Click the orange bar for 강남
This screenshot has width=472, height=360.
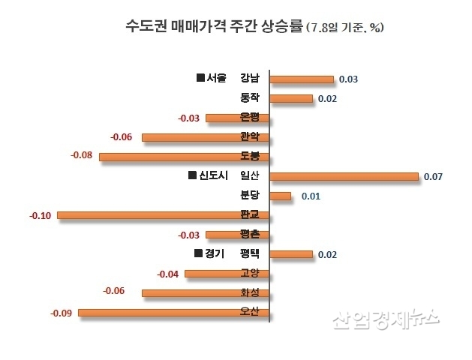[x=301, y=79]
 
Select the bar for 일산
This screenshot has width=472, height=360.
[x=343, y=176]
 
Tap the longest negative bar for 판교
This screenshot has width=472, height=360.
[x=163, y=215]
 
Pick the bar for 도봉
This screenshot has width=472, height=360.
[x=184, y=157]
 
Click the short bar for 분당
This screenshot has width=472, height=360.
[x=280, y=196]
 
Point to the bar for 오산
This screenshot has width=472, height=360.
[x=173, y=312]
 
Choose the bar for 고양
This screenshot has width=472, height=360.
[x=227, y=273]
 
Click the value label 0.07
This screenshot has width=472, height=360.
[x=434, y=177]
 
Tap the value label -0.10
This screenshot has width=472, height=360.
[x=40, y=216]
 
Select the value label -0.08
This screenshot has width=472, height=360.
[x=81, y=155]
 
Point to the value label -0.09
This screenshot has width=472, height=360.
[x=61, y=312]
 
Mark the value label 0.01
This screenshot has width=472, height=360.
[x=310, y=196]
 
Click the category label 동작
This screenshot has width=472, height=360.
[x=249, y=97]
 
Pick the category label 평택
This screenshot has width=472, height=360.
[x=249, y=253]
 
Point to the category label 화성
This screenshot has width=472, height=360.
[x=249, y=292]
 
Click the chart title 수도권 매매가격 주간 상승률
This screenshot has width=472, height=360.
[x=214, y=27]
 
